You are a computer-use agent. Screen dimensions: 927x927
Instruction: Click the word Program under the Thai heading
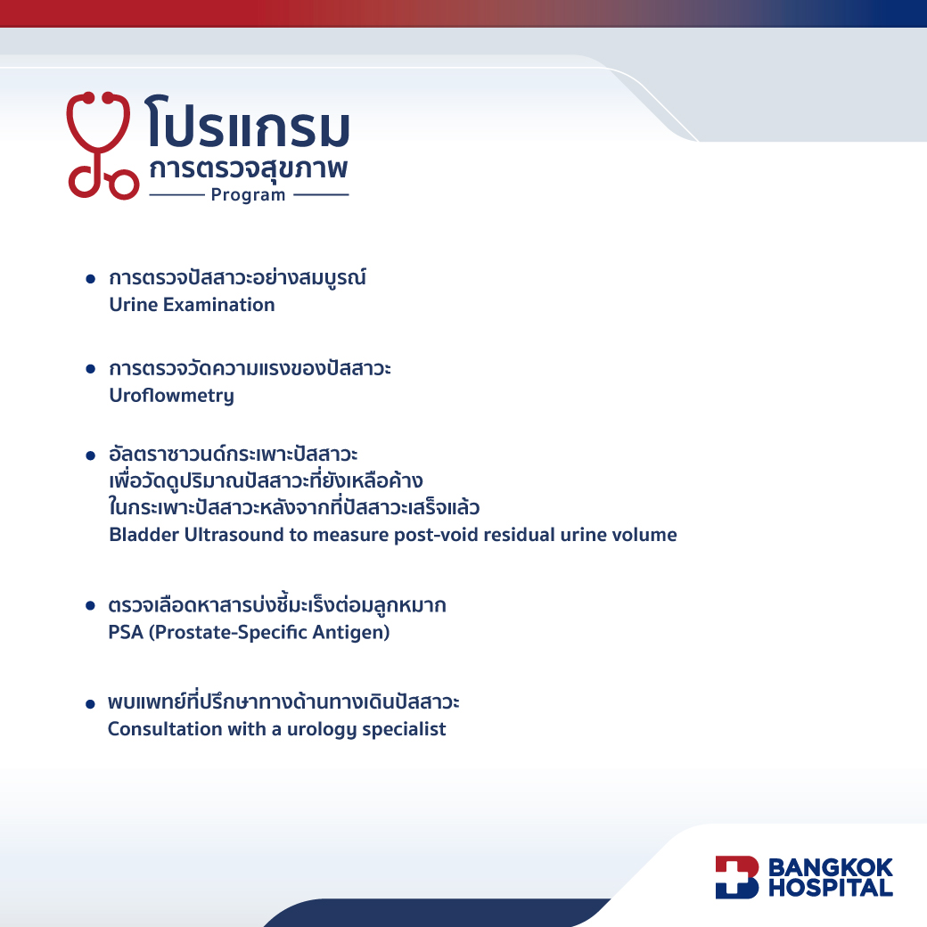point(249,195)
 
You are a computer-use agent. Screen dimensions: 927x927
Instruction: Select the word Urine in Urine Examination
point(134,305)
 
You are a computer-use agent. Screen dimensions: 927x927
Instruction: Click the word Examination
point(218,305)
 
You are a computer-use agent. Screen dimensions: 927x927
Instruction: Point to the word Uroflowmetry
point(171,396)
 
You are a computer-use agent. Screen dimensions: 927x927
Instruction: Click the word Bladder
point(144,535)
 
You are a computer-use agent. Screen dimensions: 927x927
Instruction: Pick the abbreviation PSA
point(126,632)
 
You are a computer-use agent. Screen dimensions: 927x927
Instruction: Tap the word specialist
point(404,729)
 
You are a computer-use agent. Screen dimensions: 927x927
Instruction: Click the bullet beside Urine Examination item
point(90,278)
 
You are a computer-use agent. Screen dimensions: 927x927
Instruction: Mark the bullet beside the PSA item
point(90,605)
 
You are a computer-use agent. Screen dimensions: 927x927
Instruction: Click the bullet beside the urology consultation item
point(90,703)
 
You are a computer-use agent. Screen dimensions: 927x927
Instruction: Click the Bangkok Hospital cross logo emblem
point(736,877)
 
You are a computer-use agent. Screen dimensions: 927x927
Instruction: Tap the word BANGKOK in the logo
point(831,867)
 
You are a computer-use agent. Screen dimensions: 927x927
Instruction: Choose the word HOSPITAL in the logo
point(831,888)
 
